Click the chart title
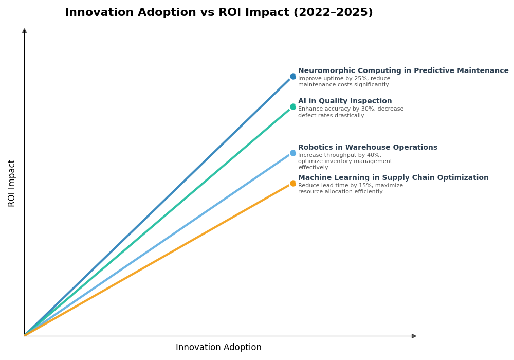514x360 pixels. tap(218, 13)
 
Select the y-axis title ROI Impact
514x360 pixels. tap(12, 183)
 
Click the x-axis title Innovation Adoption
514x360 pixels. tap(218, 348)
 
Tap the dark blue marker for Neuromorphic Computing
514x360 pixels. tap(293, 77)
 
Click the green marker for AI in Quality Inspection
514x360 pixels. tap(293, 107)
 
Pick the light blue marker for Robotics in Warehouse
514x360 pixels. tap(293, 153)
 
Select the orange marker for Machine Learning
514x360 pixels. tap(293, 183)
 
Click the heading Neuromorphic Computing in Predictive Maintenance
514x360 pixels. tap(403, 71)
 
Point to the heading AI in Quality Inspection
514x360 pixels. tap(345, 101)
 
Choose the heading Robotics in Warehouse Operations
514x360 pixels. tap(368, 148)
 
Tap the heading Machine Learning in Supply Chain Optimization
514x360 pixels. tap(393, 178)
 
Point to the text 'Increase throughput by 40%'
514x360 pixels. tap(339, 155)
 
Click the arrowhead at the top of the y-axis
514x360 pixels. tap(24, 31)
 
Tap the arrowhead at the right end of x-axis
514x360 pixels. tap(414, 336)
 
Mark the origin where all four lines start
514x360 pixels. tap(25, 335)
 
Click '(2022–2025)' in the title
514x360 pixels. tap(333, 13)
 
